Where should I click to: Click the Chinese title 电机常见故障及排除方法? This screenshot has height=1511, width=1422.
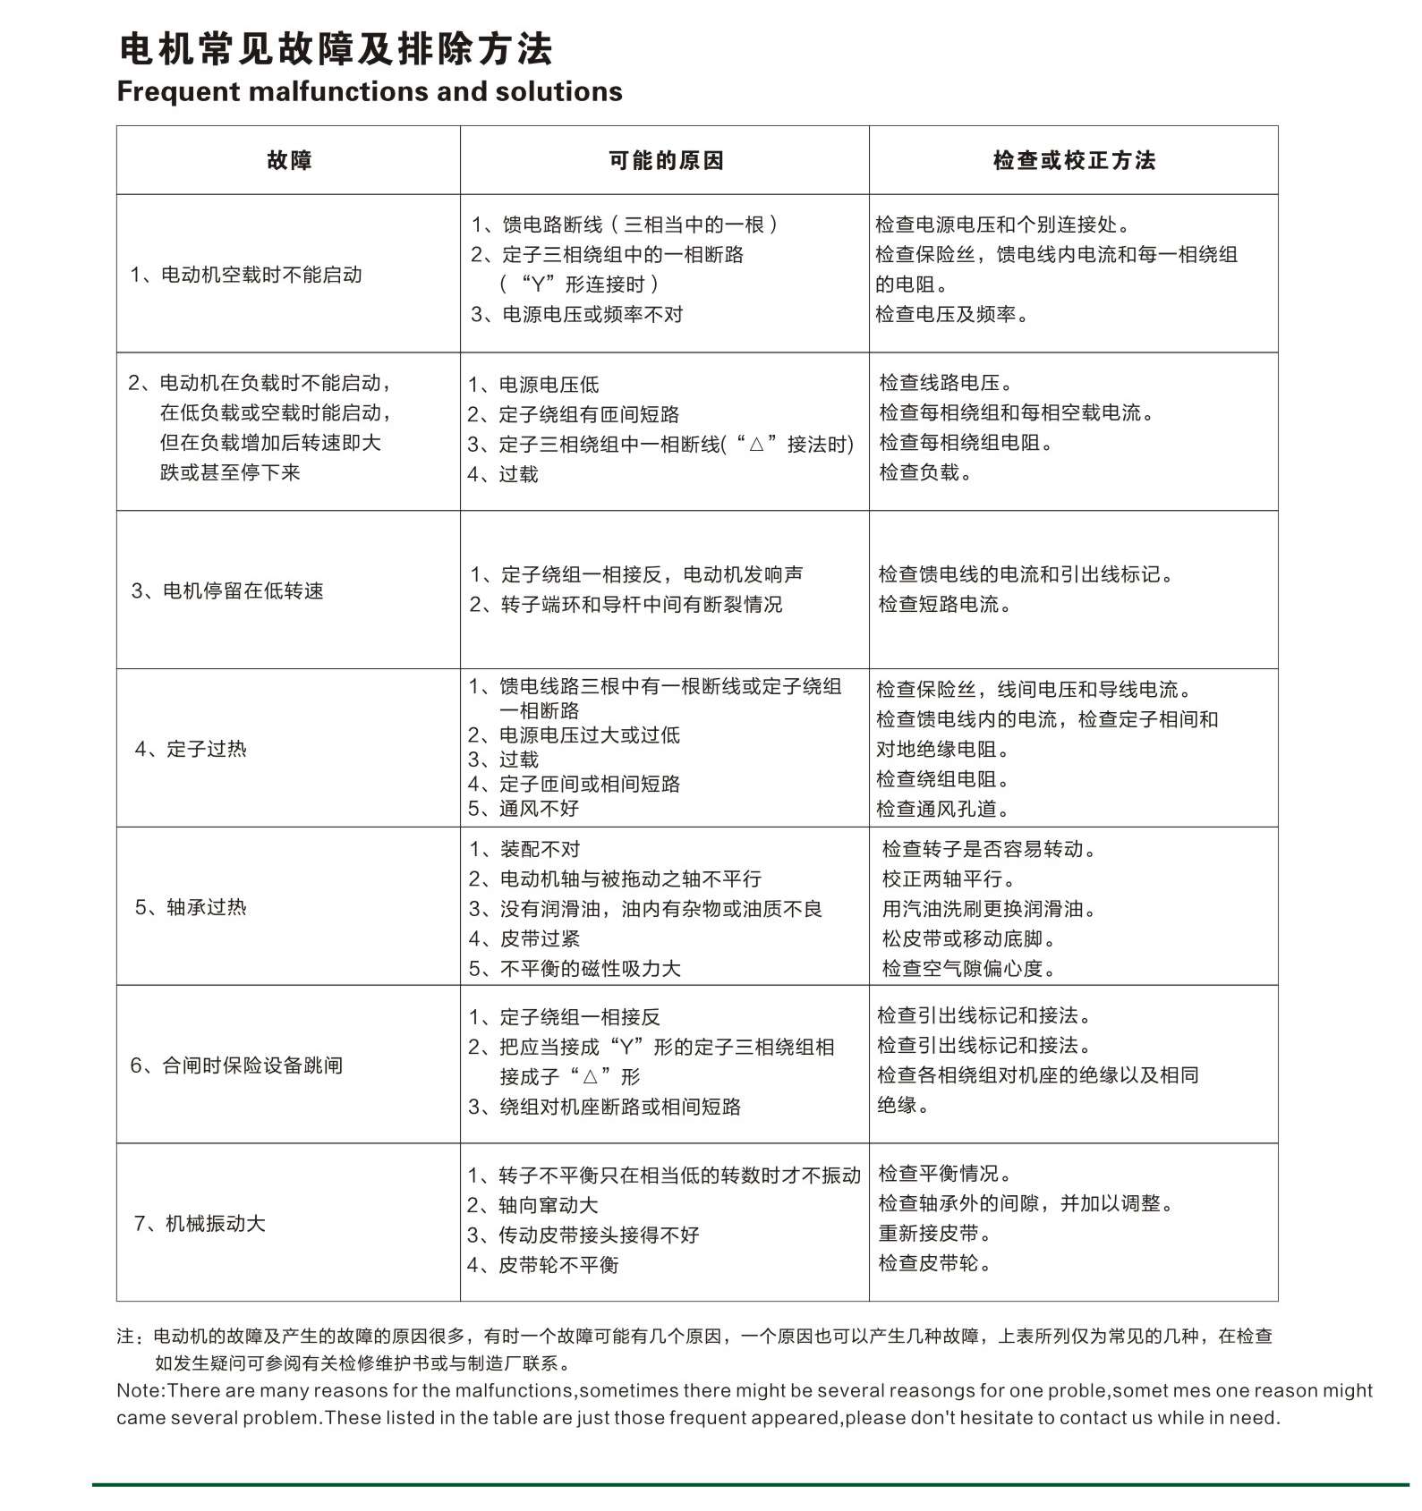[x=336, y=48]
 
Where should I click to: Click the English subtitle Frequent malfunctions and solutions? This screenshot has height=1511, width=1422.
[x=370, y=91]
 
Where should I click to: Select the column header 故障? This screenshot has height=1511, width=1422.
[x=289, y=161]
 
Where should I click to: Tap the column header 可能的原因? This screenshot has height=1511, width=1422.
[x=666, y=161]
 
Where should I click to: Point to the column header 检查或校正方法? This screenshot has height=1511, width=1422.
[x=1074, y=161]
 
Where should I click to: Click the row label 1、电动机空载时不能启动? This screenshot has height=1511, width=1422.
[x=246, y=275]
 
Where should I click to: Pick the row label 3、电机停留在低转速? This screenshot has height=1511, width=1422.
[x=227, y=590]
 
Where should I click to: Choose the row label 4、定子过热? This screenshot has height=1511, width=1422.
[x=191, y=749]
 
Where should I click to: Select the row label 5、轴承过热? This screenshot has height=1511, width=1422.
[x=191, y=907]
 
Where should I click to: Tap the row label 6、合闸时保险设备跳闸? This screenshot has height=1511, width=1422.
[x=236, y=1065]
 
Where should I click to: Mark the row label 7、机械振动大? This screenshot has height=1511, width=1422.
[x=200, y=1224]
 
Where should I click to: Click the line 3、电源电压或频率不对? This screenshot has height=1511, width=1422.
[x=577, y=314]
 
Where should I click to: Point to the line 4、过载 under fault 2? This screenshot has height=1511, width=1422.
[x=503, y=474]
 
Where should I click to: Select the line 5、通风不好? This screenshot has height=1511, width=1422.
[x=524, y=809]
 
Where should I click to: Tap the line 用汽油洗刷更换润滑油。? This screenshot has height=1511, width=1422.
[x=990, y=909]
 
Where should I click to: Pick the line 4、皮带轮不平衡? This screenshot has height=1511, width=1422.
[x=542, y=1265]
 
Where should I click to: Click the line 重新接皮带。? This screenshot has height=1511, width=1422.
[x=935, y=1234]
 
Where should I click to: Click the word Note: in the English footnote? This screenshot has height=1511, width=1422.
[x=141, y=1390]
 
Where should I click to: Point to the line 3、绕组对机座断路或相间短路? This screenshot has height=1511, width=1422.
[x=604, y=1107]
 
